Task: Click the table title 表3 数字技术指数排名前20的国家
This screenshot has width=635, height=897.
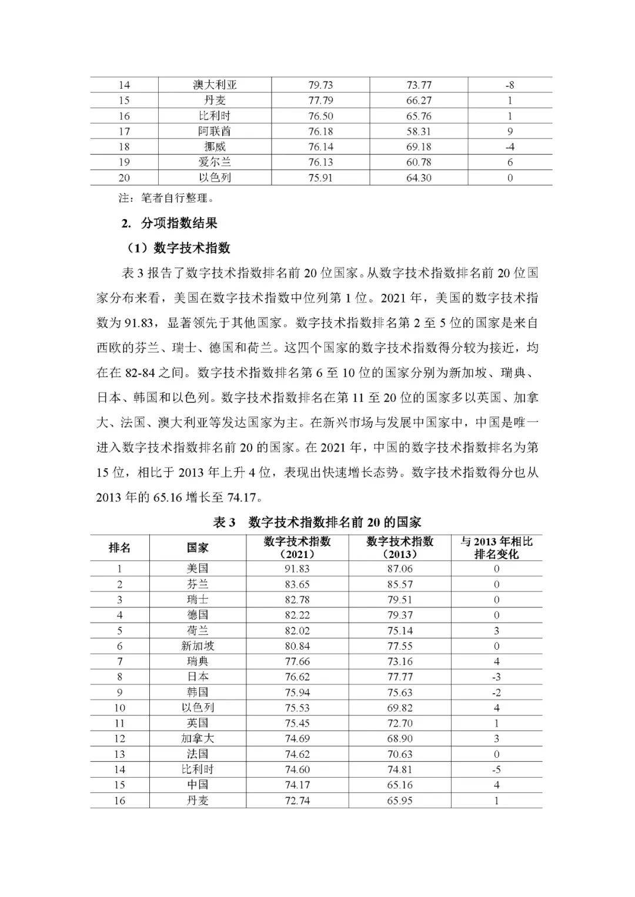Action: [x=317, y=522]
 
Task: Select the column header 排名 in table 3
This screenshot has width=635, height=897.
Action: [x=120, y=547]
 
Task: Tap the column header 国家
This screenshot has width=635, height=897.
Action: [x=198, y=547]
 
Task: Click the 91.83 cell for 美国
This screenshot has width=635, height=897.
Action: [x=296, y=569]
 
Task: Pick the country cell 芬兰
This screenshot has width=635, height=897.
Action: [x=198, y=584]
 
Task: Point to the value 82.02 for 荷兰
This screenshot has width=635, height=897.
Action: [x=296, y=630]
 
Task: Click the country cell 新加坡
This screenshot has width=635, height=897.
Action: [x=198, y=646]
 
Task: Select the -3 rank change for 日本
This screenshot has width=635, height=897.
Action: [x=496, y=677]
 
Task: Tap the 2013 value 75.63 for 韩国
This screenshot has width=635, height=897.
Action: [x=399, y=692]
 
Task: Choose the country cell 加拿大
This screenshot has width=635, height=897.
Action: [x=198, y=738]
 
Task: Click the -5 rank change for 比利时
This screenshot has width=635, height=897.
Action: [x=496, y=770]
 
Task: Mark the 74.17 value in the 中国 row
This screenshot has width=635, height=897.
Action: [x=296, y=785]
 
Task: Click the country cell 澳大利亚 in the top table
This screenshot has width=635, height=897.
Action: [x=215, y=85]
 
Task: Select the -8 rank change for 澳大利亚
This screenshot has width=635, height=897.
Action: [x=510, y=85]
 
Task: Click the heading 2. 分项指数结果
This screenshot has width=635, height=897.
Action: [x=169, y=223]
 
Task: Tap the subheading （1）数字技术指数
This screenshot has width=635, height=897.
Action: [x=179, y=248]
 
